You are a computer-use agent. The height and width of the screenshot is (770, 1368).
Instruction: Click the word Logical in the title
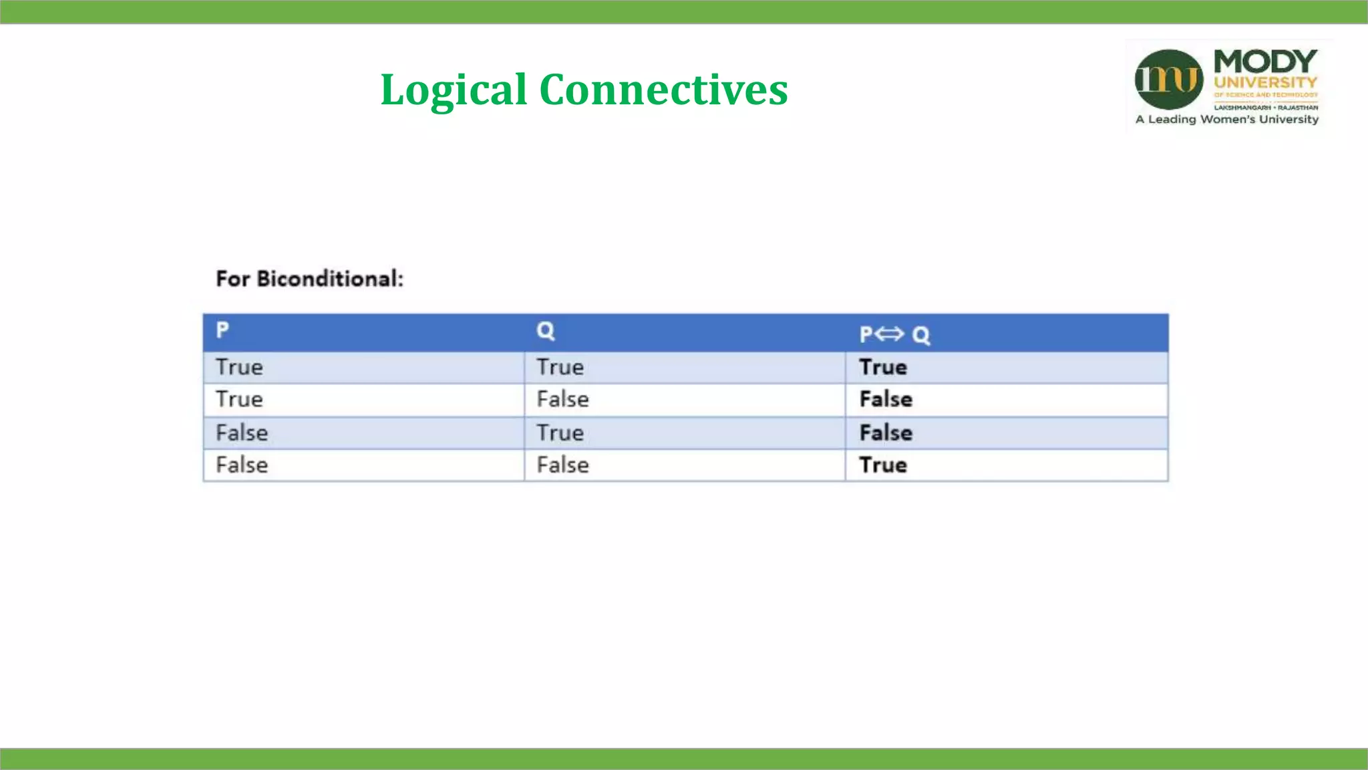pos(454,90)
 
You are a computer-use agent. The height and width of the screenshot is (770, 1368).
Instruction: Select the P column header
pos(222,330)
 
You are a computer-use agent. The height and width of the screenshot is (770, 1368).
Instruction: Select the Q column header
pos(545,331)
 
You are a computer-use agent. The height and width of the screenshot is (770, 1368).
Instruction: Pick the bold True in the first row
pos(882,368)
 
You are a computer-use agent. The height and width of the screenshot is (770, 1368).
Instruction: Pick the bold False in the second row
pos(886,400)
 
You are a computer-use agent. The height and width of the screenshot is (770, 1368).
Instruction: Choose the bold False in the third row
pos(886,433)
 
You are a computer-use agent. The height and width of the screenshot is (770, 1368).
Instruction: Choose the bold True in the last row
pos(882,465)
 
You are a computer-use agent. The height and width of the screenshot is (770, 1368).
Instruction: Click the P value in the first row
pos(239,368)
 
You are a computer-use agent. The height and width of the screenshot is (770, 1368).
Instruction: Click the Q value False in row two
pos(562,400)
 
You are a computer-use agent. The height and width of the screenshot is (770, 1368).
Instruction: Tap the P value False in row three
pos(241,433)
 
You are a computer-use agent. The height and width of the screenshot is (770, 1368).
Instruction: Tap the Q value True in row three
pos(560,433)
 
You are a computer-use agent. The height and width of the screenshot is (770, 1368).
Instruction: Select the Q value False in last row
pos(562,465)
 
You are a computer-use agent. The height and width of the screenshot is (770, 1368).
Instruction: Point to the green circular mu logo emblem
pos(1168,80)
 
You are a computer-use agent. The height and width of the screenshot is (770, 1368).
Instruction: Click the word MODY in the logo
pos(1265,61)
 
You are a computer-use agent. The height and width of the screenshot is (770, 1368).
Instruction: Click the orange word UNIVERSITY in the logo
pos(1265,83)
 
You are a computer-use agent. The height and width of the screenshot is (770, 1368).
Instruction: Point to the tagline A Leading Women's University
pos(1226,120)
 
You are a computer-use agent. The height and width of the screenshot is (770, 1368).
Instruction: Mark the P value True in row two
pos(239,400)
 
